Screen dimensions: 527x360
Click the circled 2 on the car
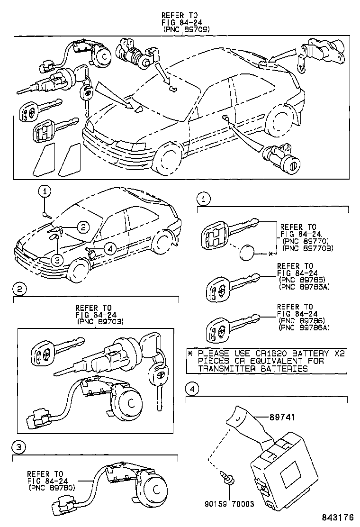pyautogui.click(x=83, y=227)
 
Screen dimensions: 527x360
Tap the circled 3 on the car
pyautogui.click(x=57, y=259)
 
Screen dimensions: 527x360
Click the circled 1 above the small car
pyautogui.click(x=45, y=192)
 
